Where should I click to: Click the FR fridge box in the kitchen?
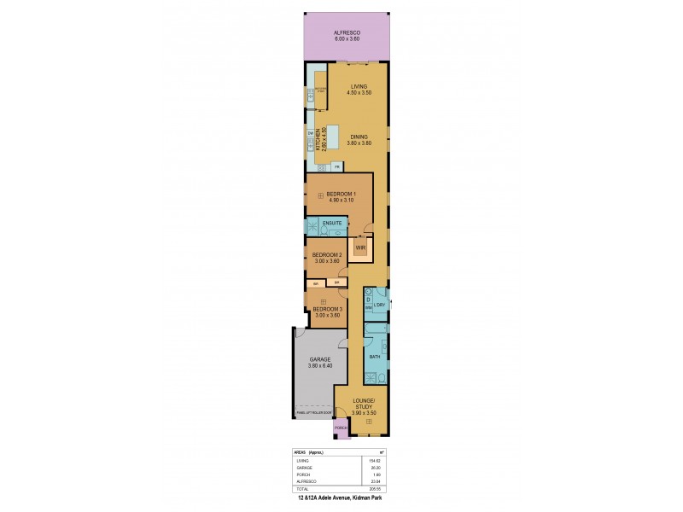pyautogui.click(x=337, y=166)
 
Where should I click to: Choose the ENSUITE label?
pyautogui.click(x=332, y=224)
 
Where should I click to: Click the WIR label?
pyautogui.click(x=360, y=247)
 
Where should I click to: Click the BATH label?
pyautogui.click(x=374, y=356)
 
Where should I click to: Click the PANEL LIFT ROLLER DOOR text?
pyautogui.click(x=314, y=412)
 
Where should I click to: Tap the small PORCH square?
pyautogui.click(x=340, y=428)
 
